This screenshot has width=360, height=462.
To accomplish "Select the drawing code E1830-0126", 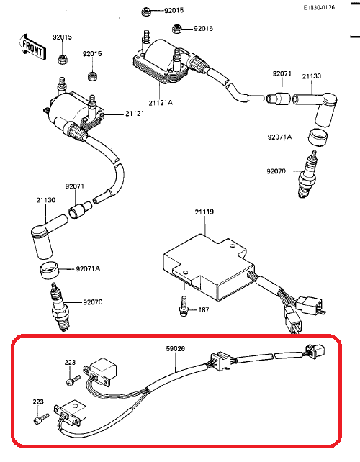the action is [x=319, y=8].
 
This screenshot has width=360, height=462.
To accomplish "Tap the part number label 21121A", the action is [x=161, y=103].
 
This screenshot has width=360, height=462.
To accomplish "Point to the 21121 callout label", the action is [x=135, y=114].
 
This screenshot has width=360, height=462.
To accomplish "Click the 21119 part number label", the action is [x=204, y=212].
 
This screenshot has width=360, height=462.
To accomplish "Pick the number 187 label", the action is [x=204, y=309].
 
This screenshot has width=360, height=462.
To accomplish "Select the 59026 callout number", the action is [x=176, y=348].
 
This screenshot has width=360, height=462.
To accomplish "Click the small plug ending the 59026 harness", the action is [x=315, y=351].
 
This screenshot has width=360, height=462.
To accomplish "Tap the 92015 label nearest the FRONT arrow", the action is [x=62, y=37].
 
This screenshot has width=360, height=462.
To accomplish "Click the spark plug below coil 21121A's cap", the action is [x=307, y=174].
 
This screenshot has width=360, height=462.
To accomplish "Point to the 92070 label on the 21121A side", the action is [x=276, y=171].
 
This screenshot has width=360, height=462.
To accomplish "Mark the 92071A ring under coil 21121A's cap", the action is [x=318, y=137].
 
